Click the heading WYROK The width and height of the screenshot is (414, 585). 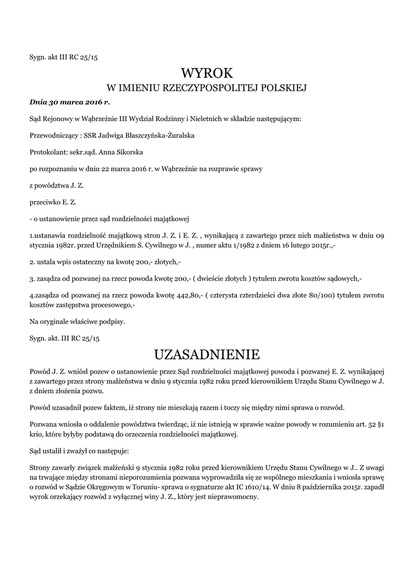[x=207, y=73]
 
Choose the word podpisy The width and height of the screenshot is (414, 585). [x=111, y=321]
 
